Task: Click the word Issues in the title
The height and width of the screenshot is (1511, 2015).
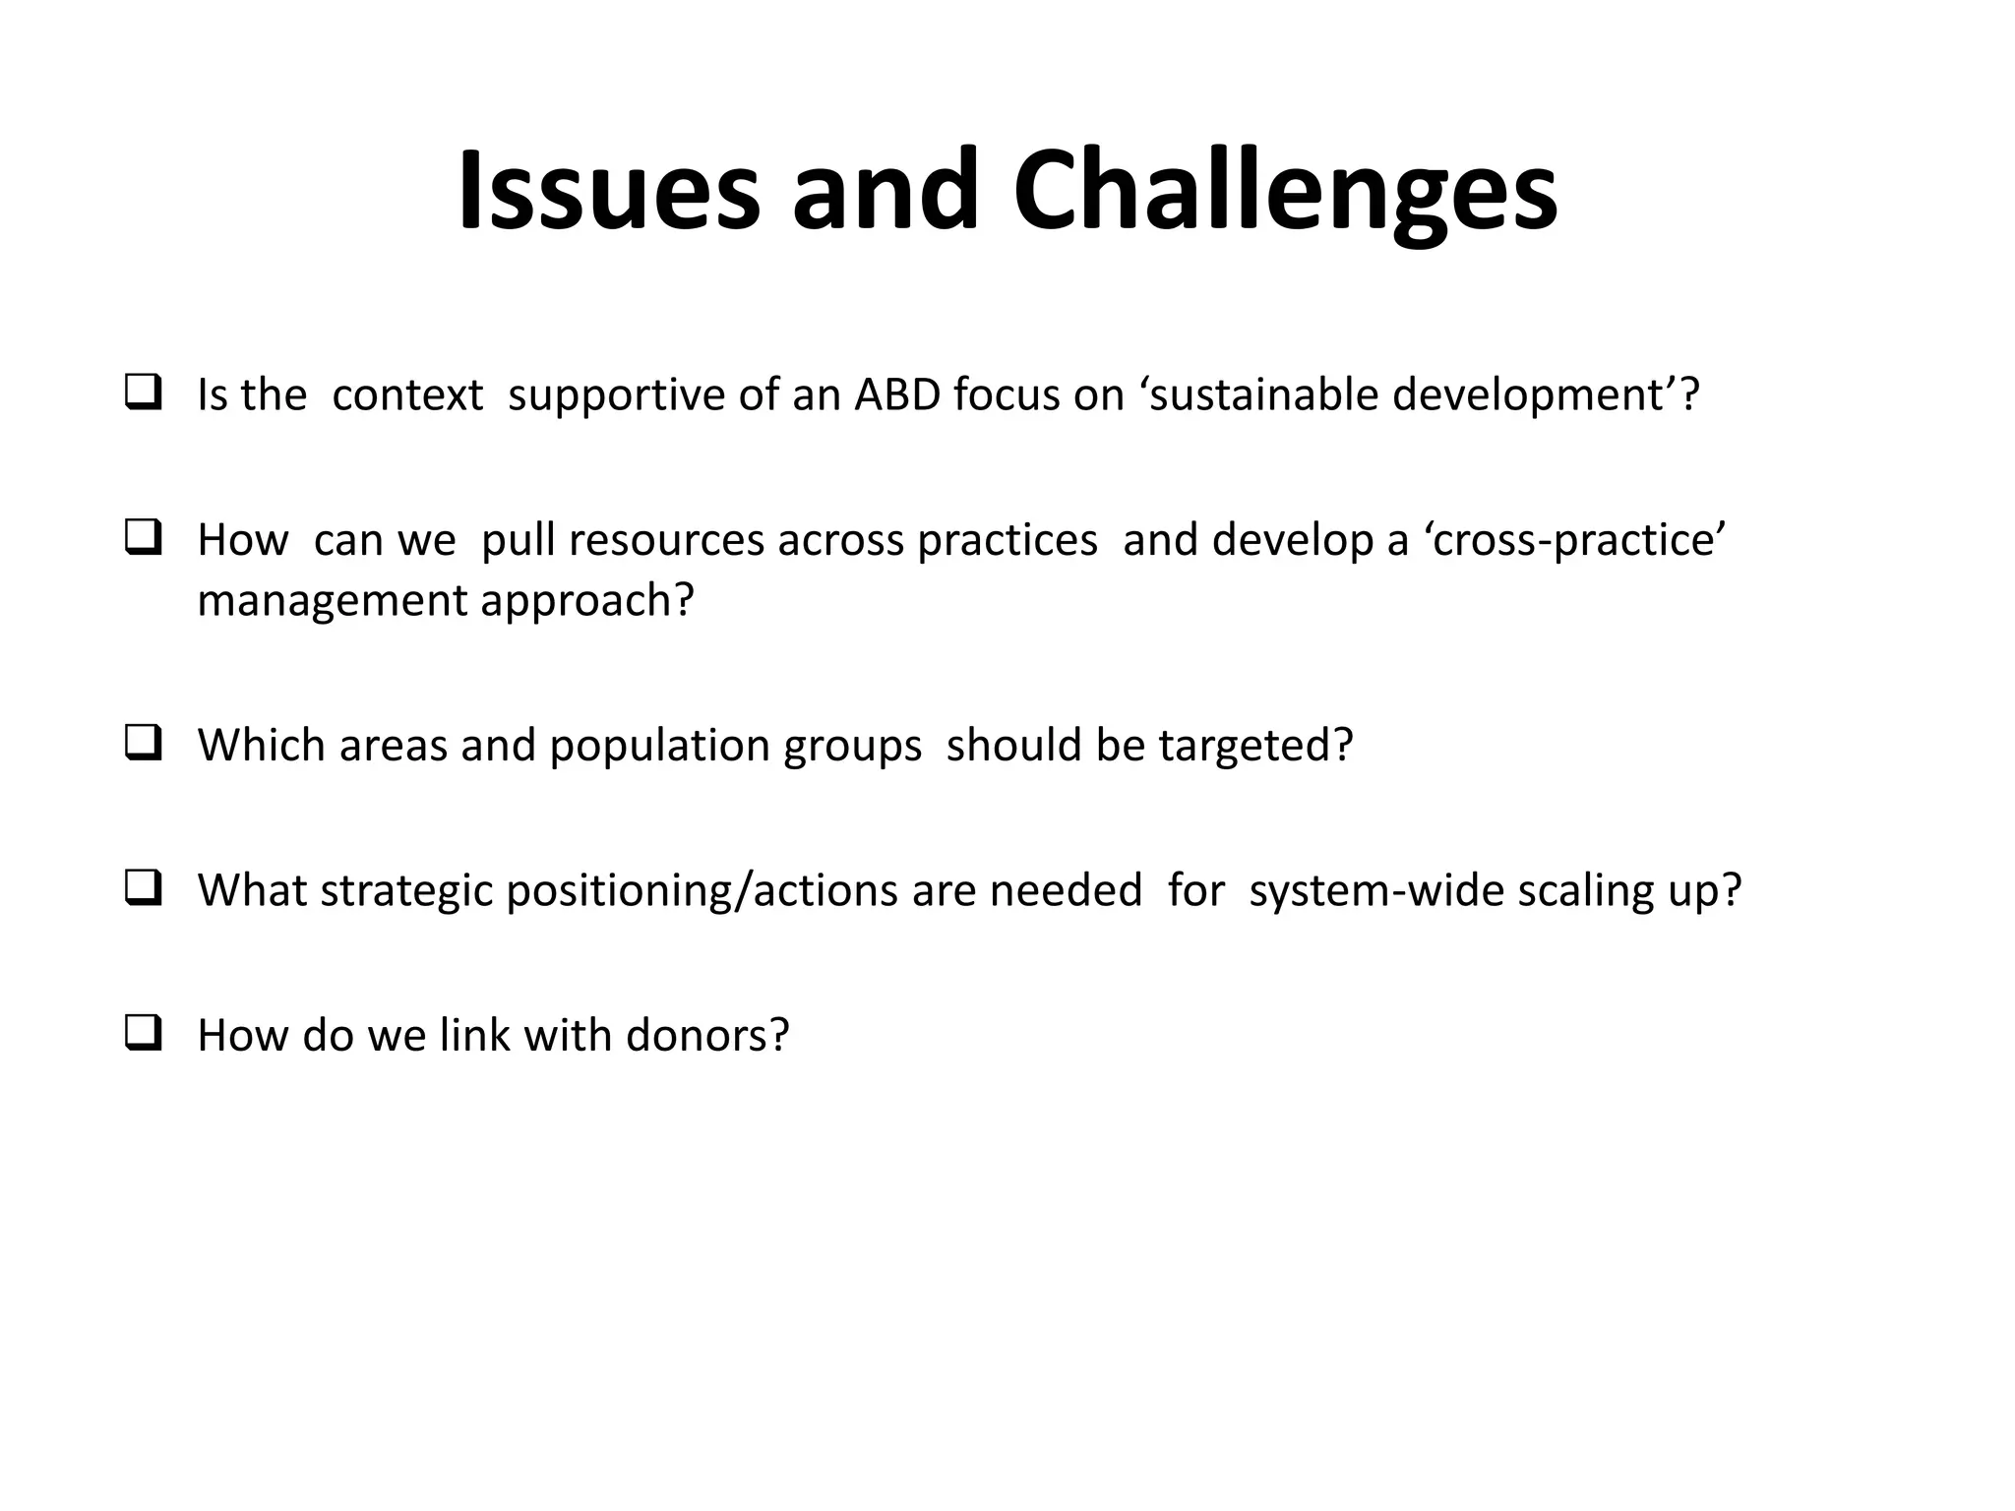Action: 609,191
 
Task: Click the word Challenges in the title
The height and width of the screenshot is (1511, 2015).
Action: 1284,191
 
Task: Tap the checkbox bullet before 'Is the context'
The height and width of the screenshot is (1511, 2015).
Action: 144,393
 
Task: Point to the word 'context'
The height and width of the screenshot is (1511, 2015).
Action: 407,395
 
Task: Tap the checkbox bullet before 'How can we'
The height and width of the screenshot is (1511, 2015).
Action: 144,539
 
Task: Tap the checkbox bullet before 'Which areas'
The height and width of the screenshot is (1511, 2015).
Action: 144,744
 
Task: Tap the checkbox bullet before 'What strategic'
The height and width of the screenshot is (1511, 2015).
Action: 144,889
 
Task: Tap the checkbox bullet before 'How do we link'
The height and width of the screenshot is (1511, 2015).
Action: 144,1034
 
